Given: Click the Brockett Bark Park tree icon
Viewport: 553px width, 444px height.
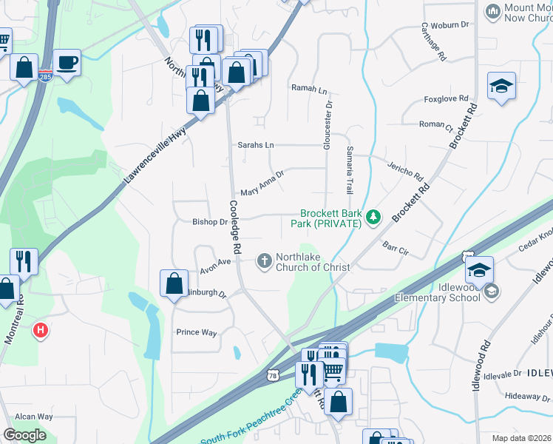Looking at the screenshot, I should point(374,216).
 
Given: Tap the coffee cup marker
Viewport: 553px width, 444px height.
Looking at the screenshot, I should point(67,62).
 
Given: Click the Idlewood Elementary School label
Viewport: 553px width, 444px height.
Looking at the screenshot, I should point(449,292).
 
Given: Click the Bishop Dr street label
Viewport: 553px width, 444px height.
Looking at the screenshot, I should point(210,221).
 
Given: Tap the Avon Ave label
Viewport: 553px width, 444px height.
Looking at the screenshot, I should point(216,263).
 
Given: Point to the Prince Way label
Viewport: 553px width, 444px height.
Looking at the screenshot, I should point(197,332).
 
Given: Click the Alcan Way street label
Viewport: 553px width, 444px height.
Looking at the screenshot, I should point(33,417).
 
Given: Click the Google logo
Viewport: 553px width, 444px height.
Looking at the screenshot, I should point(24,435).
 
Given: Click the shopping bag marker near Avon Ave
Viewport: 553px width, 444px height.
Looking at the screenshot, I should point(174,283).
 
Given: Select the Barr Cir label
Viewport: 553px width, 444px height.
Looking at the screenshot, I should point(396,247).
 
